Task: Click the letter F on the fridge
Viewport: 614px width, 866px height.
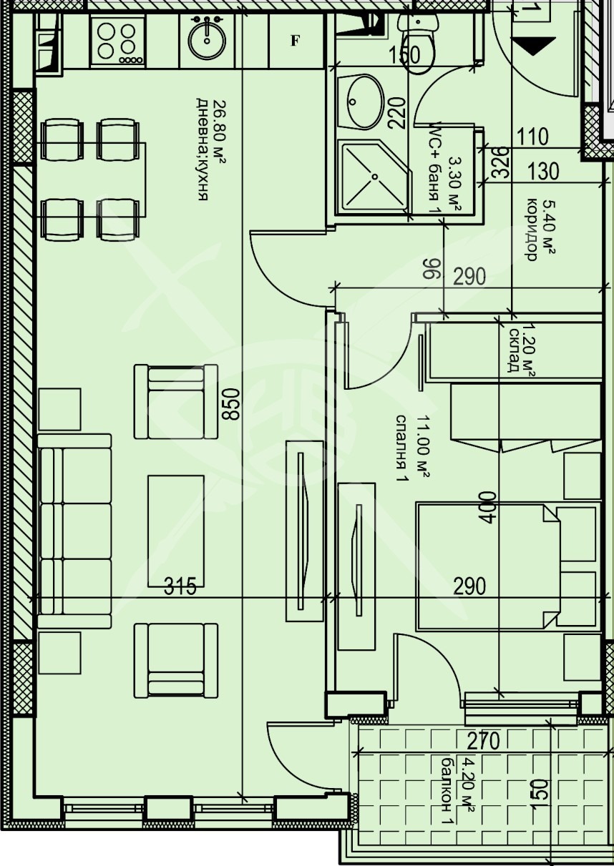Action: tap(294, 41)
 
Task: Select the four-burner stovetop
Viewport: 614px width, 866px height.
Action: tap(118, 41)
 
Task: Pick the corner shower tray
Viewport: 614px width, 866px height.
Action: tap(373, 177)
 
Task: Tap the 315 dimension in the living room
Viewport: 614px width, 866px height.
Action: tap(180, 586)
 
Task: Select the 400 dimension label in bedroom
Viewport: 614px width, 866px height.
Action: tap(487, 507)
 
